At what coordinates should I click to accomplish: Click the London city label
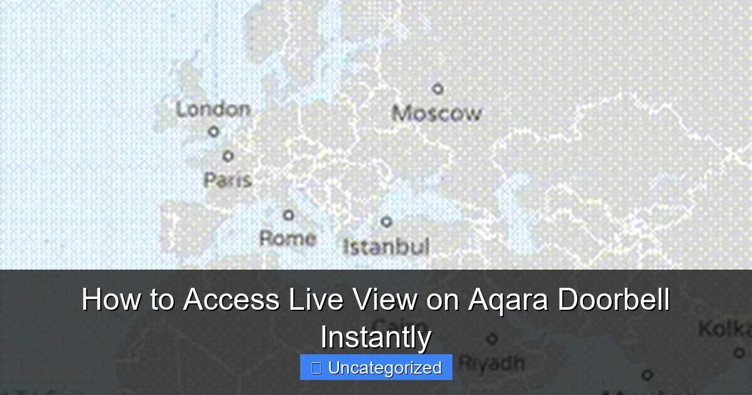pos(212,109)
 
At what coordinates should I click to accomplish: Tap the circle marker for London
pos(214,132)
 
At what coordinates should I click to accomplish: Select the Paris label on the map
pos(227,180)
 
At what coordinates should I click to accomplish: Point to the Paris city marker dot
pos(228,155)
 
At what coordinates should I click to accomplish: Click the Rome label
pos(288,238)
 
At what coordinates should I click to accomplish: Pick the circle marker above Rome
pos(288,215)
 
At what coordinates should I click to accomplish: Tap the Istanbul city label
pos(386,246)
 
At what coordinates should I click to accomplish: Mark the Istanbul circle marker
pos(387,221)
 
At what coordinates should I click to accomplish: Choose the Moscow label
pos(437,113)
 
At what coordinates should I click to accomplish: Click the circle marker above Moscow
pos(438,89)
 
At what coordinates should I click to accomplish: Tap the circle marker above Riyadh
pos(493,339)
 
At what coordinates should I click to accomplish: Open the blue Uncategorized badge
pos(376,367)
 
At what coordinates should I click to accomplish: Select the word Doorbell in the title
pos(614,300)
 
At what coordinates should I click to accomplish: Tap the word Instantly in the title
pos(376,337)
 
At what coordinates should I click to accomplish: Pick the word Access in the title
pos(231,300)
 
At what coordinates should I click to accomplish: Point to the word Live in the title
pos(311,300)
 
